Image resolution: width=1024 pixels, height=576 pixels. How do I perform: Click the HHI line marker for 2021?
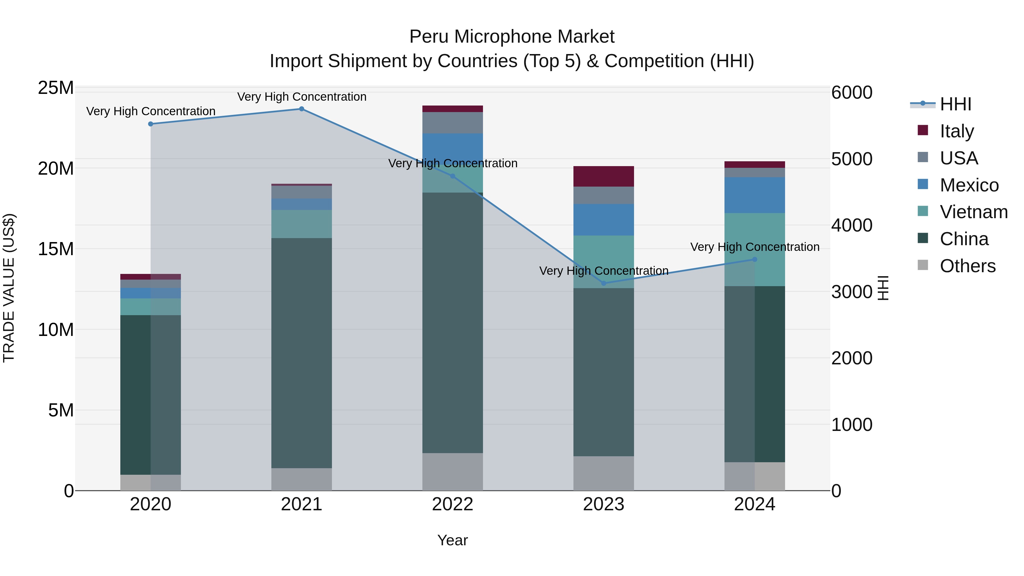(301, 109)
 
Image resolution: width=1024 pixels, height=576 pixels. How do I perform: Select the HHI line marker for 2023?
(603, 283)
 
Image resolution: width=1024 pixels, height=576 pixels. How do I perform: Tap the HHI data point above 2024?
(754, 260)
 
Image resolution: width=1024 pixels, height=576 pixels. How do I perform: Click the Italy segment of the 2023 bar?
(603, 176)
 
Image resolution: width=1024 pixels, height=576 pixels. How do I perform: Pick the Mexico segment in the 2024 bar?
(754, 195)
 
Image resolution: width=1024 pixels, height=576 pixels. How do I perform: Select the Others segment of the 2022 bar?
(452, 472)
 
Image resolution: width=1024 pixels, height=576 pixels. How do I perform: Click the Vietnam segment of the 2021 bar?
(301, 224)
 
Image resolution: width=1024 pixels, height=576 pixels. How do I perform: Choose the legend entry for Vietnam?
(973, 212)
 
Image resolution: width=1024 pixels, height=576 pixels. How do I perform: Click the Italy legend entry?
(956, 131)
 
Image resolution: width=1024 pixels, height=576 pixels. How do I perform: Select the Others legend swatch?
(923, 265)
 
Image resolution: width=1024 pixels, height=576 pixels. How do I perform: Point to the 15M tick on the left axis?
(56, 249)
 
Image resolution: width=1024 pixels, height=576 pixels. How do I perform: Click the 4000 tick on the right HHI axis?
(851, 225)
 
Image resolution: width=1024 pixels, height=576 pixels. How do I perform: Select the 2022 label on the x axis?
(452, 504)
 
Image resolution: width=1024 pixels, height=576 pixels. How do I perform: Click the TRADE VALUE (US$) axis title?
(9, 288)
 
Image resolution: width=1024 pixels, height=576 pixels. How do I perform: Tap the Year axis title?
(452, 540)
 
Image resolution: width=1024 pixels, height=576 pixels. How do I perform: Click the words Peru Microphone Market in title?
(512, 37)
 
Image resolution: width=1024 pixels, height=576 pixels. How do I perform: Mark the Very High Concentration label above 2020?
(151, 111)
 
